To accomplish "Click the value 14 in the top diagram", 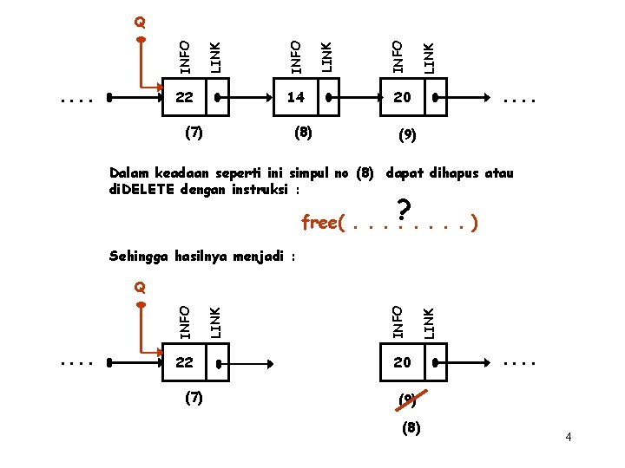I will click(296, 98).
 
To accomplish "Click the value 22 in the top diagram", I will click(184, 98).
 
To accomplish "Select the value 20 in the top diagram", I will click(402, 98).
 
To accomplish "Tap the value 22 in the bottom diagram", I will click(184, 362).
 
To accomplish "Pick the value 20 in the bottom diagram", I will click(402, 362).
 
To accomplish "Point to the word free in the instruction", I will click(319, 224).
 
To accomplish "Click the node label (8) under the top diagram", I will click(303, 133).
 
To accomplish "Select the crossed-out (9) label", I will click(405, 400).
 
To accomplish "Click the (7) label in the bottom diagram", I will click(194, 398).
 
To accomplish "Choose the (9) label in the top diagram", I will click(405, 135).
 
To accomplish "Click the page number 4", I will click(568, 437).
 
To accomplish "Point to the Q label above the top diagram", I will click(140, 21).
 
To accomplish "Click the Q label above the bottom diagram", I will click(140, 285).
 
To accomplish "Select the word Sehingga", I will click(139, 256).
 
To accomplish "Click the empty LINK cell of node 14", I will click(328, 98).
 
